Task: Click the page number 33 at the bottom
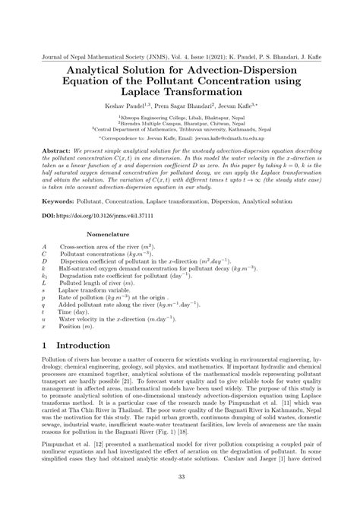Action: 180,498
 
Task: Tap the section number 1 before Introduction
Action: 46,345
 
